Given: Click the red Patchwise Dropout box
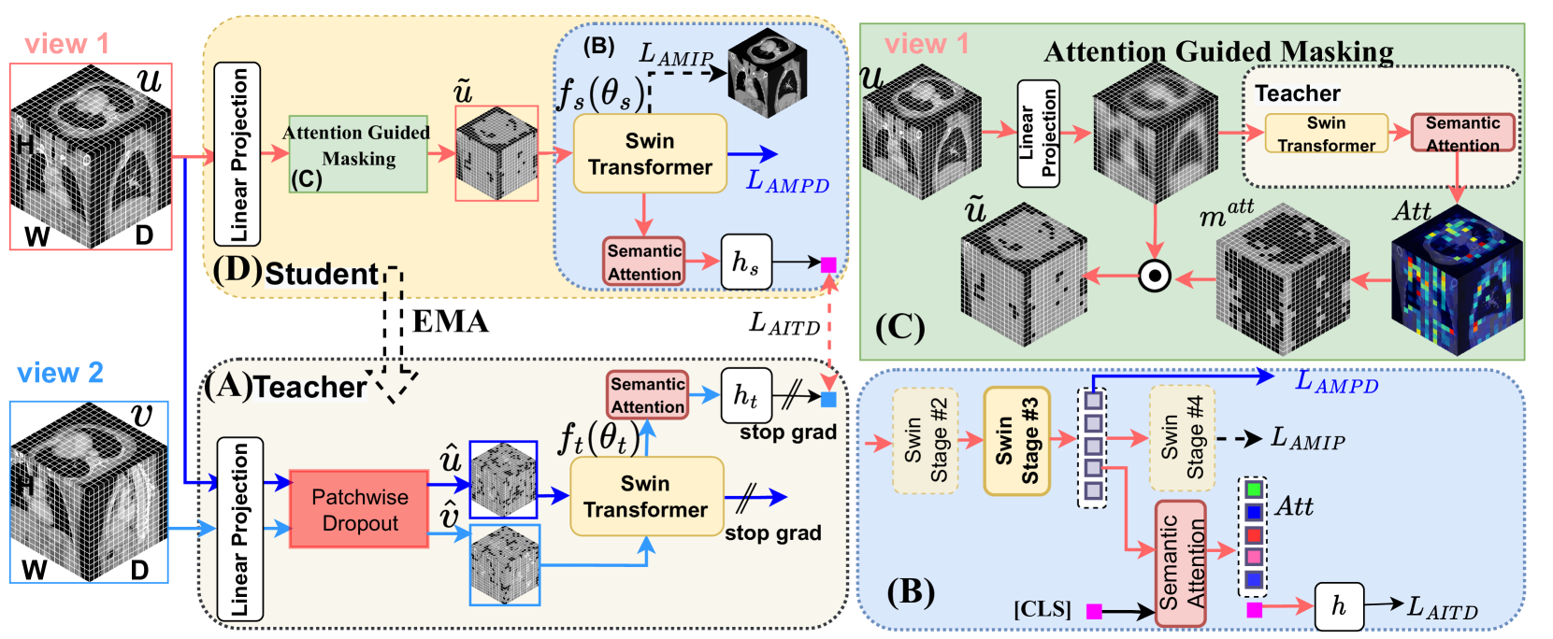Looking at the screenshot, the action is coord(359,509).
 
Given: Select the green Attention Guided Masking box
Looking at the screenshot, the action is coord(358,154).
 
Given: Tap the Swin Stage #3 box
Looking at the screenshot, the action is coord(1017,442).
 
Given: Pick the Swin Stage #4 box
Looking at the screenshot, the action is coord(1182,439).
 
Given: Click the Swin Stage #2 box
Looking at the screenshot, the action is coord(926,441).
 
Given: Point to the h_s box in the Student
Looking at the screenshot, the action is coord(746,262).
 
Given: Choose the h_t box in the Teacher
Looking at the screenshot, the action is coord(746,396).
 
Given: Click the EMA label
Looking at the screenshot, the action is coord(451,321).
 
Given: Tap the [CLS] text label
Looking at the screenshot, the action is coord(1043,610).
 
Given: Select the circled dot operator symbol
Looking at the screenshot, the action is coord(1155,276).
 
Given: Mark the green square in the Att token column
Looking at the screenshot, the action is coord(1253,490).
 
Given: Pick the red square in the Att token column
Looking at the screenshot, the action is coord(1253,535).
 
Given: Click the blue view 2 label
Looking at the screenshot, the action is coord(61,373).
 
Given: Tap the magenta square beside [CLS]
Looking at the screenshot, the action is coord(1094,611).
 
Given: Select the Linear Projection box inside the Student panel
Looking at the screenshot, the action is coord(237,154).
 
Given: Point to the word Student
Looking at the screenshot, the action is coord(322,275).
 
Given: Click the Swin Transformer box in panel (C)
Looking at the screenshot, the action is coord(1327,134).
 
